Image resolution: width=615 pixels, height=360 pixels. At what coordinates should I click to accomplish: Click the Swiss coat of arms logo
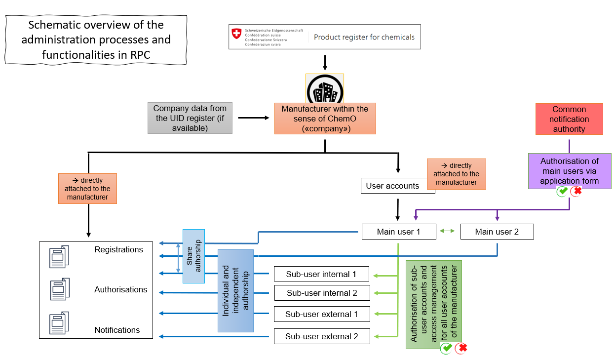(x=237, y=34)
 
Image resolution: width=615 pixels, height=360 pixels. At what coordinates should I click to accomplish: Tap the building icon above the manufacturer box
(x=324, y=89)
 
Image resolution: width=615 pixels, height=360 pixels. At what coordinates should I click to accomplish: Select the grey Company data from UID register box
(x=190, y=119)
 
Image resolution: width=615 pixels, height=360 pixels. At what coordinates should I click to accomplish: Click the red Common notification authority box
(x=569, y=119)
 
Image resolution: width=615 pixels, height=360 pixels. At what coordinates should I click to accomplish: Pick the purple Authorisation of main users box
(x=570, y=171)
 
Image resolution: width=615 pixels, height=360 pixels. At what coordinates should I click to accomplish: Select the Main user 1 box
(x=399, y=232)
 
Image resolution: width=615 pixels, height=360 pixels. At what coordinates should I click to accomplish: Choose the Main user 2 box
(x=497, y=232)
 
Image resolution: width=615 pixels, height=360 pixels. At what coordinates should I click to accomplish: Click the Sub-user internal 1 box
(x=322, y=274)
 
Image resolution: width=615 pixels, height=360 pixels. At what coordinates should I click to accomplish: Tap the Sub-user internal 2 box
(x=322, y=293)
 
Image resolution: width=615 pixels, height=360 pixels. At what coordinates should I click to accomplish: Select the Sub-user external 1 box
(x=322, y=314)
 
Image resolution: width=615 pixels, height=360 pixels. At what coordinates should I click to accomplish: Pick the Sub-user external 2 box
(x=322, y=336)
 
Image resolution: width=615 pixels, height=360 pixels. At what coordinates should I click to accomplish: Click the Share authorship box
(x=193, y=256)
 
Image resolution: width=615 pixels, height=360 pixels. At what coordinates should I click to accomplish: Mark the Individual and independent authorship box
(x=235, y=290)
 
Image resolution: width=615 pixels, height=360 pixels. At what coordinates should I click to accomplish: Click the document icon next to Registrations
(x=59, y=257)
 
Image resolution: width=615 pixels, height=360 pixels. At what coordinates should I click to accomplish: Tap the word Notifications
(x=117, y=330)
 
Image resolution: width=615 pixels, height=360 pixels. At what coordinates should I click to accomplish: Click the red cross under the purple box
(x=576, y=191)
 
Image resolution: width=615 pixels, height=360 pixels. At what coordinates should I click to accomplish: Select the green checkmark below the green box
(x=447, y=348)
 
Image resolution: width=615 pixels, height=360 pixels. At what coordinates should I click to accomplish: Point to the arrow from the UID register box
(x=253, y=118)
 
